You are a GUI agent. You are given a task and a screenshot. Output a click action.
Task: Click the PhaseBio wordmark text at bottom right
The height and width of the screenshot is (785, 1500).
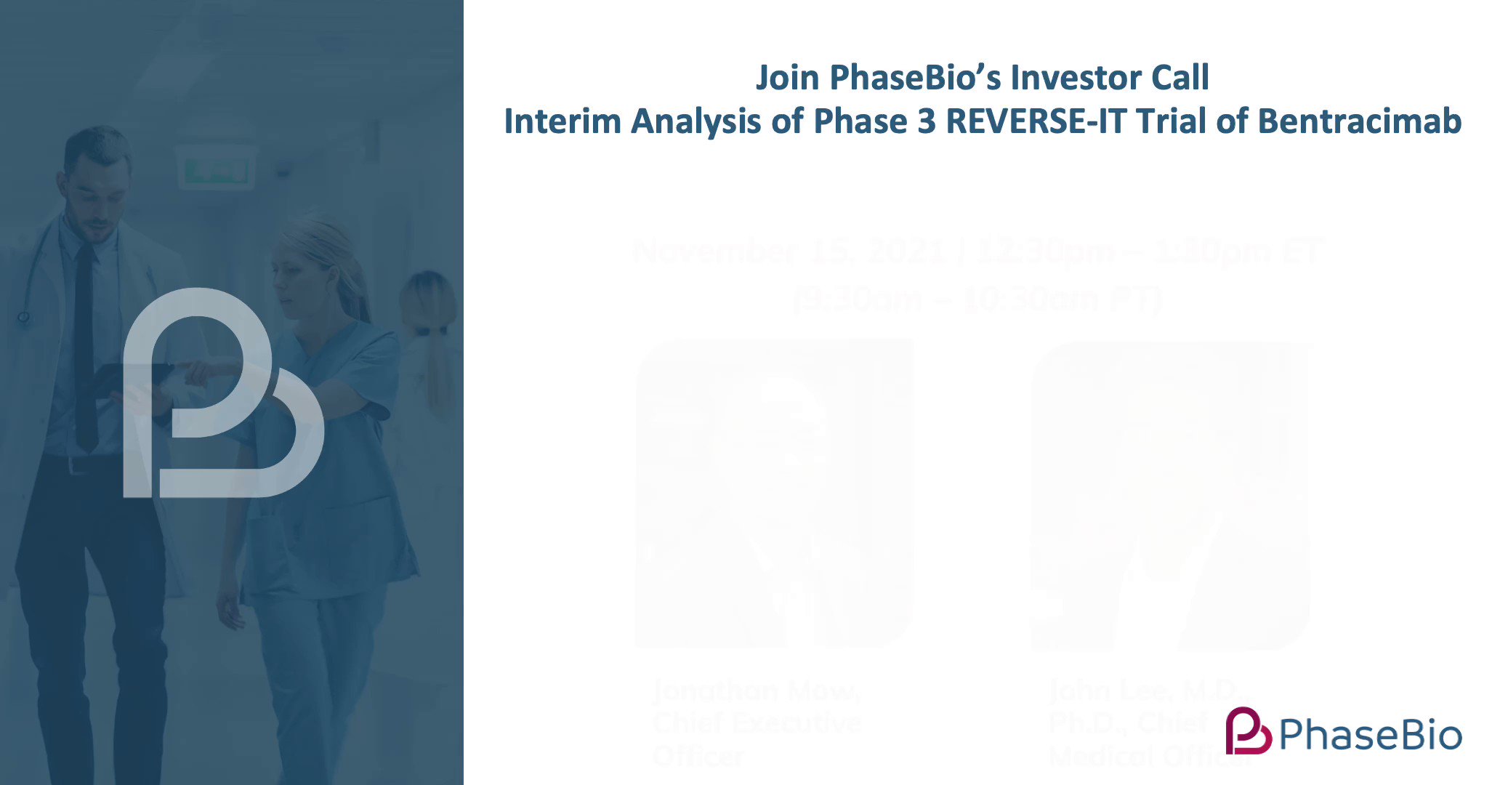click(x=1371, y=735)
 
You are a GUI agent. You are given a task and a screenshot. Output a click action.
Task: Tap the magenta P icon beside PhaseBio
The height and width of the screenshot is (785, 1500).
click(x=1248, y=730)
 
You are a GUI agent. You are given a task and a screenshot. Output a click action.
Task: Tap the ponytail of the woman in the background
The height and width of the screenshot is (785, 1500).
click(x=436, y=363)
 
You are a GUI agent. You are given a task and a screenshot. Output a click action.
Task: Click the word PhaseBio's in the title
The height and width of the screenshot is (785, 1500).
click(x=915, y=78)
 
